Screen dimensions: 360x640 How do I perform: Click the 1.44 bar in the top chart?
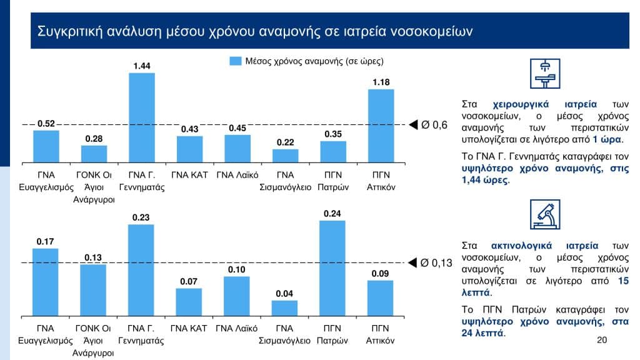click(142, 117)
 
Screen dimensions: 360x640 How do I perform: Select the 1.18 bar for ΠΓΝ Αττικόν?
click(381, 126)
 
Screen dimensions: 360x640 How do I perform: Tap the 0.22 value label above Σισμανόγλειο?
click(285, 142)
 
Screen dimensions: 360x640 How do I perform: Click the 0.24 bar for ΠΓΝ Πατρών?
click(332, 269)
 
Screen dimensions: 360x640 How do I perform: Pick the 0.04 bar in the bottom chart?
click(284, 309)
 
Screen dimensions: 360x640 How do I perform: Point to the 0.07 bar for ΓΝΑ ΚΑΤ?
click(189, 302)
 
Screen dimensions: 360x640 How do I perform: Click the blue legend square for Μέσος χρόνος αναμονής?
click(236, 61)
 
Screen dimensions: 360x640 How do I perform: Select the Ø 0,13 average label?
click(436, 263)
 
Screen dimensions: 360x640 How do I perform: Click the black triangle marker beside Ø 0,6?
click(413, 125)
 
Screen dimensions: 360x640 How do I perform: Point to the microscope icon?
click(545, 214)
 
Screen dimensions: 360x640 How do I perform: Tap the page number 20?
click(602, 340)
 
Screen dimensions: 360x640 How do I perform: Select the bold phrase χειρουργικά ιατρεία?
click(544, 104)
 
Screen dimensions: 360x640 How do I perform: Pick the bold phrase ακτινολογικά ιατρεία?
click(544, 246)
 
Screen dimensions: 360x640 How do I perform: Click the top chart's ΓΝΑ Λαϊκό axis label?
click(237, 175)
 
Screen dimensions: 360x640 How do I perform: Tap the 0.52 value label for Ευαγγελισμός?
click(46, 124)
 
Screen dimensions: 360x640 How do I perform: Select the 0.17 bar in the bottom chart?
click(46, 282)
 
